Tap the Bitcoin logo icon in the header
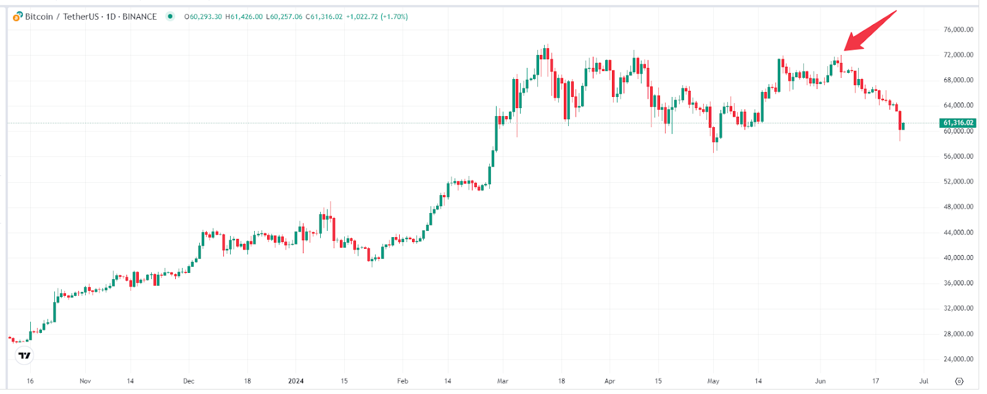point(18,16)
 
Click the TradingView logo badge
point(25,355)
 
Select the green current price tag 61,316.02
point(958,123)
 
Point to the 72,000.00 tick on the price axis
point(958,55)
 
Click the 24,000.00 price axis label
point(958,359)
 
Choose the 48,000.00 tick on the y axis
point(958,207)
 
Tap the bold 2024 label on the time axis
point(296,381)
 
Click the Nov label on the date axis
point(85,381)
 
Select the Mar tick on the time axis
point(503,381)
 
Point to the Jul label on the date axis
point(923,381)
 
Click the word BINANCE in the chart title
point(139,17)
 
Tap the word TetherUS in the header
point(81,17)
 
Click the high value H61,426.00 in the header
point(244,17)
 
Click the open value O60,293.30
point(203,17)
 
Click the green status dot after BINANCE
point(170,16)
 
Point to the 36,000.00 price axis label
point(958,283)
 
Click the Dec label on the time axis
point(189,381)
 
